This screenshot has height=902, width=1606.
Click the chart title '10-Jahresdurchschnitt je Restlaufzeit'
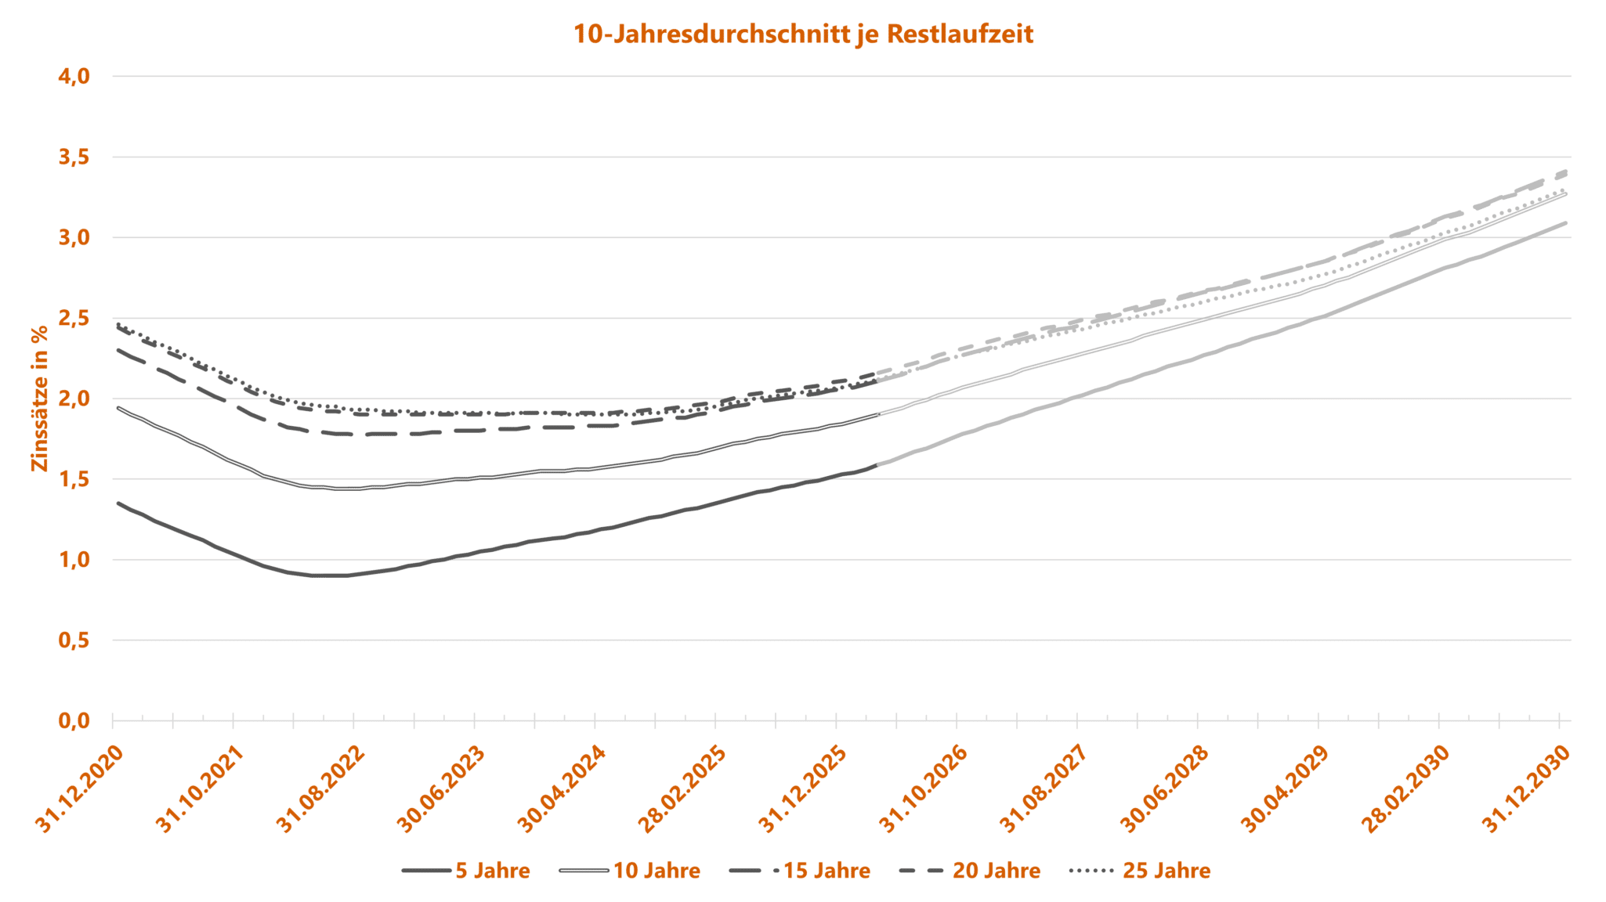[x=803, y=34]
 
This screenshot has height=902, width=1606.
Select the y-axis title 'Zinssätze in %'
[x=40, y=399]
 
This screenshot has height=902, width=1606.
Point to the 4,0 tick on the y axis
[x=74, y=77]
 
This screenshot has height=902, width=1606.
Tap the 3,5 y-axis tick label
[x=74, y=157]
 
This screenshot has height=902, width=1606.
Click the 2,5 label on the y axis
[x=74, y=319]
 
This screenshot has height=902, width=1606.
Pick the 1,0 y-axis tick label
[x=74, y=560]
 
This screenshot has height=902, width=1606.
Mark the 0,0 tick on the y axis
[x=74, y=720]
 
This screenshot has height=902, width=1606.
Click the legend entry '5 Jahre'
[x=493, y=871]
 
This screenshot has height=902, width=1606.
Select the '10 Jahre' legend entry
[x=657, y=871]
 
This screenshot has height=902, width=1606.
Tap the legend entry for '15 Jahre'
[x=827, y=871]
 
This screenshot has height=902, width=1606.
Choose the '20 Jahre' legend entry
[x=997, y=871]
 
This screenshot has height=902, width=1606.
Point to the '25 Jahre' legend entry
[x=1167, y=871]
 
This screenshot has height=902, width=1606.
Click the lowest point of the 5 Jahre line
[x=329, y=575]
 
